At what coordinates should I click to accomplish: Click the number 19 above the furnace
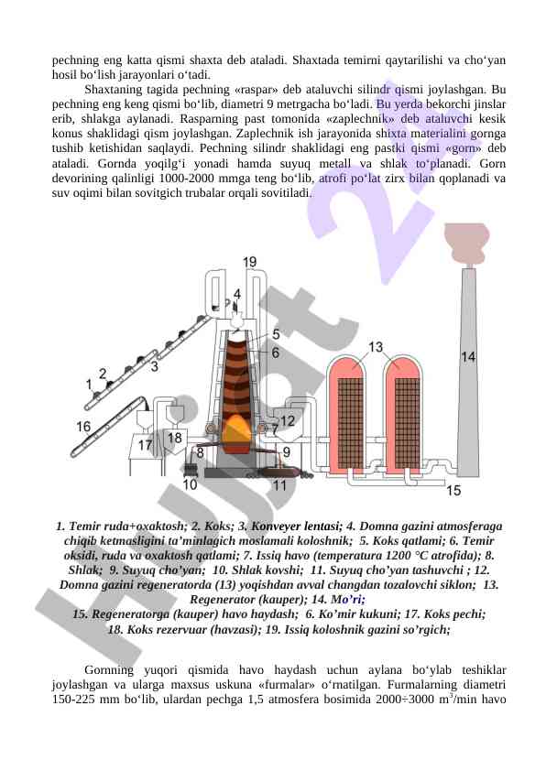250,262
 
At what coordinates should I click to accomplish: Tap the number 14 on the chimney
468,356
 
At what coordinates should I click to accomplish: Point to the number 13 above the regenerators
376,347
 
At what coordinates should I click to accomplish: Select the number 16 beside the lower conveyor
83,427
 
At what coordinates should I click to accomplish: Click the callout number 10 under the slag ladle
190,484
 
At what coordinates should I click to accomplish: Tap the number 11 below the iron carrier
279,486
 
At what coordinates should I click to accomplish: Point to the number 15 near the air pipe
453,490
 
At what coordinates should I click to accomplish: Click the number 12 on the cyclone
288,421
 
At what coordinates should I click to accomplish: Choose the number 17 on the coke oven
145,445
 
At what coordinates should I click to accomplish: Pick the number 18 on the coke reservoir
175,437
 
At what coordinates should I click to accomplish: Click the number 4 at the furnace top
237,294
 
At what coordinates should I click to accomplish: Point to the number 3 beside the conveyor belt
155,366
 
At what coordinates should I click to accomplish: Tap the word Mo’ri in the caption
348,600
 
